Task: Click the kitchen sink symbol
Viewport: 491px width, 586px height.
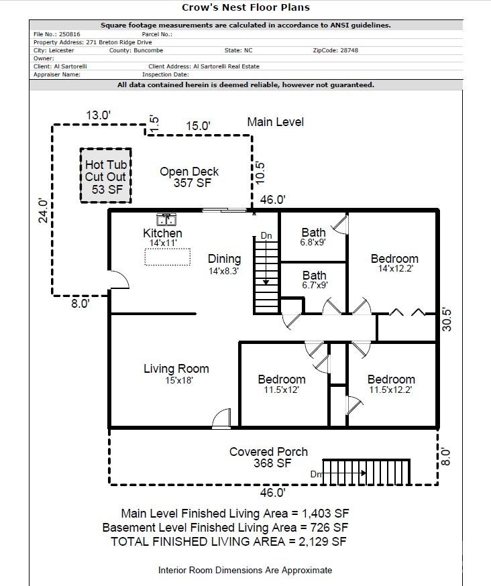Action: coord(166,219)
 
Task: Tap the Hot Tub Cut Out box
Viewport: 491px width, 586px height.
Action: coord(105,176)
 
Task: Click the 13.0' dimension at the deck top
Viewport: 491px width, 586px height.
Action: coord(98,115)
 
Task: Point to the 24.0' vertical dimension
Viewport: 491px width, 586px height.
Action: coord(44,211)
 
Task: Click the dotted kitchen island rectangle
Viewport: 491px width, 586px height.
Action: coord(167,257)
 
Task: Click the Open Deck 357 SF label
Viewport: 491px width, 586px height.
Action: coord(189,177)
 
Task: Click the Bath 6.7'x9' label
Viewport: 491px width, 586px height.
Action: coord(314,280)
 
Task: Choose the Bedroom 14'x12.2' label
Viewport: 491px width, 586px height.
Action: coord(394,263)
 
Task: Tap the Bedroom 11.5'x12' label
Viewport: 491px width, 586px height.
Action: coord(282,384)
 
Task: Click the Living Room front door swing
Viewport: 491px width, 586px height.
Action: coord(221,418)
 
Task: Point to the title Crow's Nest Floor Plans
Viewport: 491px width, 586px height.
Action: coord(245,8)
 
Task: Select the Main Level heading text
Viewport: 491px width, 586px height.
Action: coord(275,122)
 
